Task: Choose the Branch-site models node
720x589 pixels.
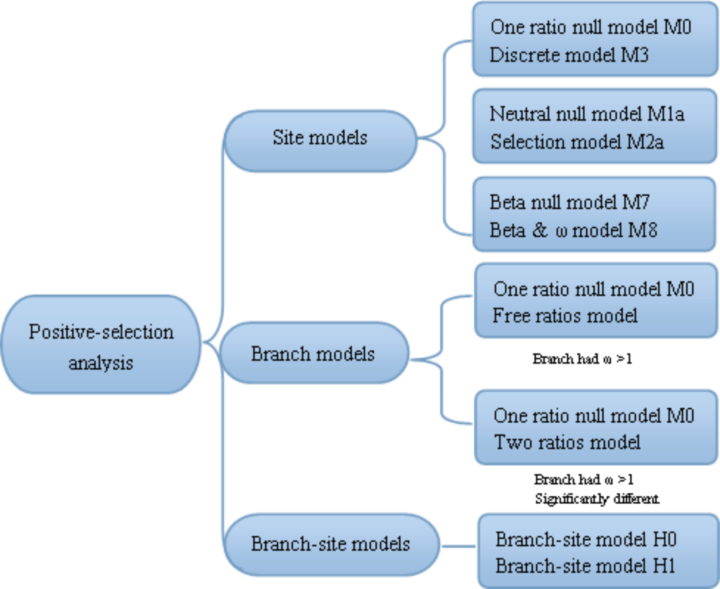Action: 331,544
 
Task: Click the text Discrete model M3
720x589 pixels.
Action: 569,55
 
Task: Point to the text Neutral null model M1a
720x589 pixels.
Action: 586,114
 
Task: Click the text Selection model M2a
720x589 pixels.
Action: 577,142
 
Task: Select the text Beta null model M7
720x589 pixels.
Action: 569,202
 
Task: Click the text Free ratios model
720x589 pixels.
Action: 565,316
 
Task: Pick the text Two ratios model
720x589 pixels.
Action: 567,442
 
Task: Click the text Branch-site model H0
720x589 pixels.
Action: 585,540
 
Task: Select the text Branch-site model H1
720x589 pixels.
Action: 585,566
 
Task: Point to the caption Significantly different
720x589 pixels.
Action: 596,498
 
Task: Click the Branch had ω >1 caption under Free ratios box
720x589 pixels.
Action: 582,359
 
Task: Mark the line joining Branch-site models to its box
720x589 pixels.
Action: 458,546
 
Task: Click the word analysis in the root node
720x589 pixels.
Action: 101,363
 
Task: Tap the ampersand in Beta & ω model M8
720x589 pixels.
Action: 539,230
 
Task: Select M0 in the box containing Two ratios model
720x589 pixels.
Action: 680,416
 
